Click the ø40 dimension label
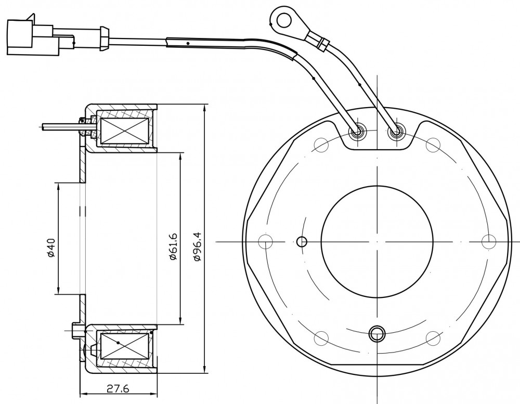[51, 247]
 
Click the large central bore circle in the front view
[377, 241]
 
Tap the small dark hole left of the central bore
[302, 242]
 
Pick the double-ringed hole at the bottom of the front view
[377, 333]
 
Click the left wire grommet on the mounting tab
[358, 133]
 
